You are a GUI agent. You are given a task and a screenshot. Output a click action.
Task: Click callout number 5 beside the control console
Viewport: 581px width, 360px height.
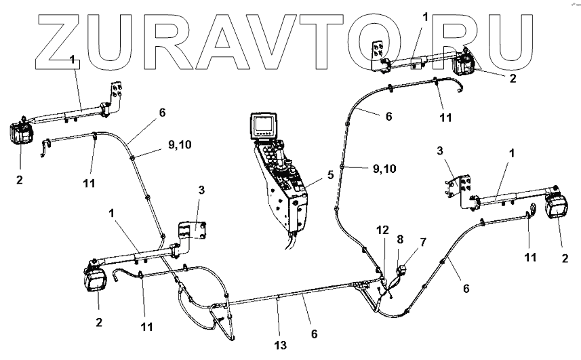[330, 174]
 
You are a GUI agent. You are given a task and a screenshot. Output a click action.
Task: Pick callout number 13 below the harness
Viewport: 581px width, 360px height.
[280, 345]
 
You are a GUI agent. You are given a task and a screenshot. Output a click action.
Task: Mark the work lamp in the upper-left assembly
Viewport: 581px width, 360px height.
[21, 134]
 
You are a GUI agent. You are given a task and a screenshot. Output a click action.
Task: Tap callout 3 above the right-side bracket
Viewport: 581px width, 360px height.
[440, 151]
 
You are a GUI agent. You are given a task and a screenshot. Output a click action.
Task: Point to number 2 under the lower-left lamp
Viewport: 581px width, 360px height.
[99, 321]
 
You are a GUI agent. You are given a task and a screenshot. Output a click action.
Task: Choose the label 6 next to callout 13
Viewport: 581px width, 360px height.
[314, 334]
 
